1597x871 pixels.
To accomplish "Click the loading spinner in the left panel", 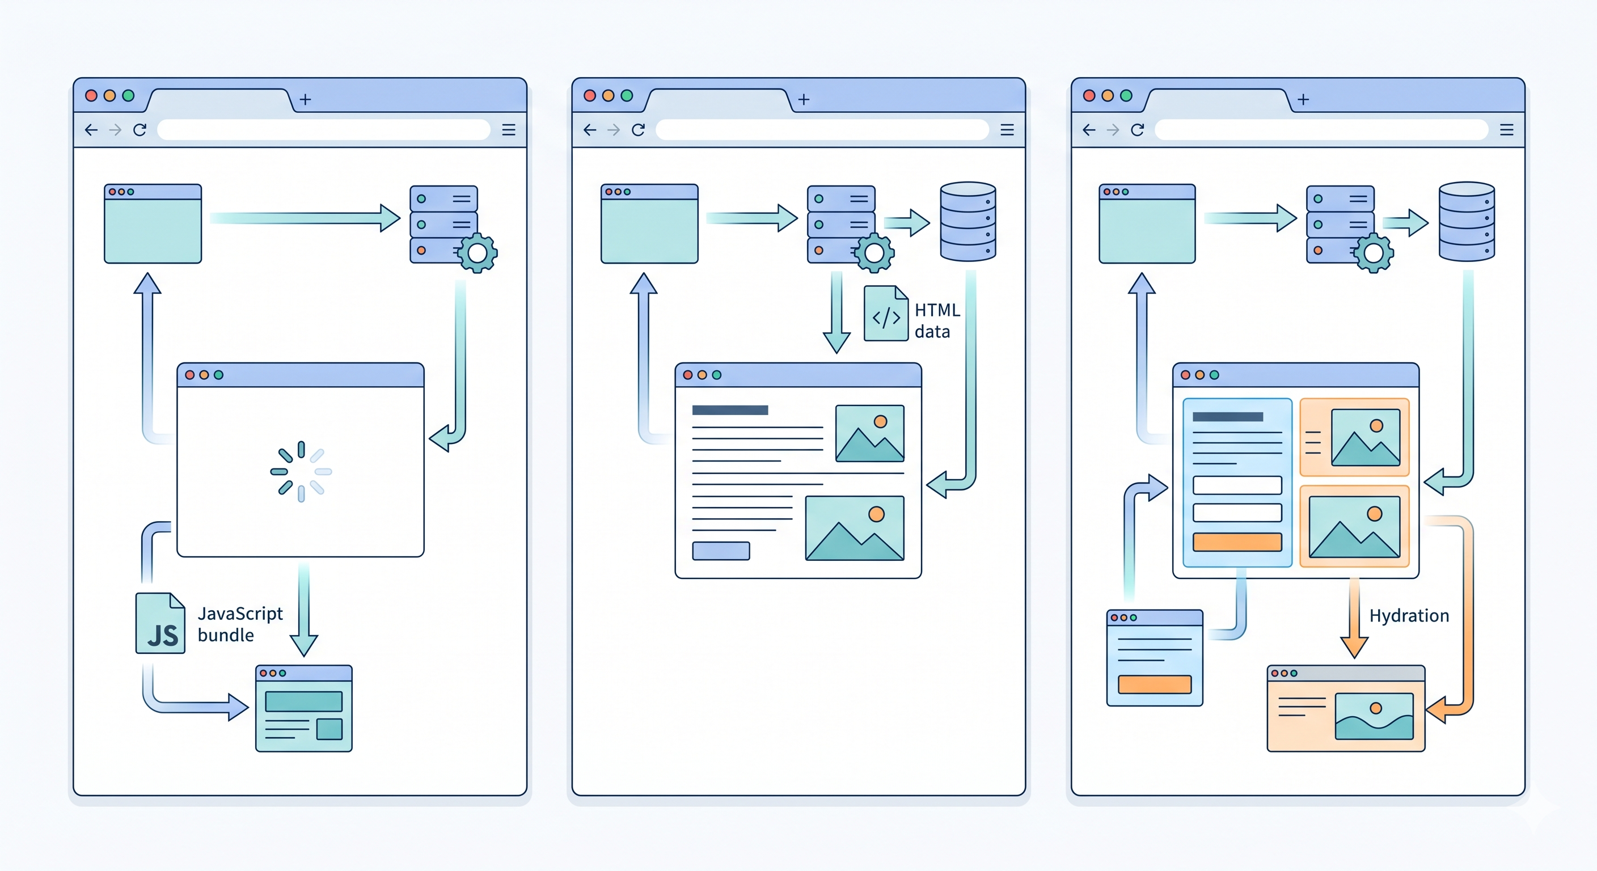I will (x=301, y=471).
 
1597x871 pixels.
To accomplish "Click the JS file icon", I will (x=160, y=624).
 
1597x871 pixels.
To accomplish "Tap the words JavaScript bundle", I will (x=239, y=624).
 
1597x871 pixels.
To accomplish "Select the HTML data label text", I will (x=937, y=320).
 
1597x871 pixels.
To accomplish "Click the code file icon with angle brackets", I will (x=886, y=314).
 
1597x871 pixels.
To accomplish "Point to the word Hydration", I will (x=1409, y=616).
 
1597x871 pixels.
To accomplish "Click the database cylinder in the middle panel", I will (x=968, y=221).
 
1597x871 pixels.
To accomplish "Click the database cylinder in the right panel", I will (x=1466, y=221).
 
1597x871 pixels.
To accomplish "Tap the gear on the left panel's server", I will (x=478, y=253).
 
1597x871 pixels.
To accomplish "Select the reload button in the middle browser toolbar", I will (x=638, y=129).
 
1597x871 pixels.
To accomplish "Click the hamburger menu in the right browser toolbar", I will (x=1506, y=129).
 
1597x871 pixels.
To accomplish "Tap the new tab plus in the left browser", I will (x=305, y=99).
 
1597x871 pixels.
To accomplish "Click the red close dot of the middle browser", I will (x=590, y=95).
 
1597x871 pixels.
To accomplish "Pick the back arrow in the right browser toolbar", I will (x=1089, y=129).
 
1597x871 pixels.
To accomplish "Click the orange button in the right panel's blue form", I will (x=1237, y=542).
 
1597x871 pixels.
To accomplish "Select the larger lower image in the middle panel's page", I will (x=854, y=528).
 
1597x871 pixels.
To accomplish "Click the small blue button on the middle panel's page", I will (x=720, y=551).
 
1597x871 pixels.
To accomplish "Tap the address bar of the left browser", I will (x=324, y=129).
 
